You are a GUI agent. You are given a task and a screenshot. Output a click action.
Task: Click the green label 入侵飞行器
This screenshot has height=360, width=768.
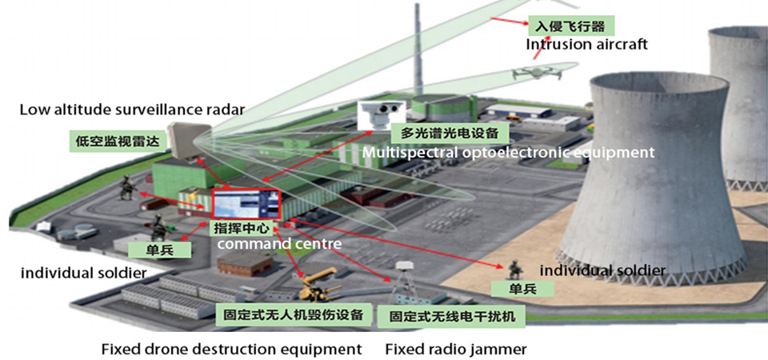(x=570, y=25)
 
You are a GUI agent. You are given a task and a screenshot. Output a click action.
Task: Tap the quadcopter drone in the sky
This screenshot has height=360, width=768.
(x=538, y=73)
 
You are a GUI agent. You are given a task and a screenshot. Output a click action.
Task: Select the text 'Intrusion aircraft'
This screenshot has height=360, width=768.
(x=586, y=45)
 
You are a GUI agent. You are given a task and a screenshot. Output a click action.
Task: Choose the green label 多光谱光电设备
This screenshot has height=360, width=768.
(x=449, y=133)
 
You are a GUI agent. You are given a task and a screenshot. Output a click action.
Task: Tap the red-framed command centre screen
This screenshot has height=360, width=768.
(x=246, y=204)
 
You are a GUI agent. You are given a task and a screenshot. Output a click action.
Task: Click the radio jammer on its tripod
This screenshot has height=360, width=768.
(x=403, y=282)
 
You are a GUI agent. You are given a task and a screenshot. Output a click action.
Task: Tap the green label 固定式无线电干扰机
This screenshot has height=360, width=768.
(x=452, y=317)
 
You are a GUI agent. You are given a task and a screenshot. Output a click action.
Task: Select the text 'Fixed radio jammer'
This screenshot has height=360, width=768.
(x=456, y=350)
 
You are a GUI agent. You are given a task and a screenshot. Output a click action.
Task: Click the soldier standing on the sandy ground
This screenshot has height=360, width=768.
(x=514, y=270)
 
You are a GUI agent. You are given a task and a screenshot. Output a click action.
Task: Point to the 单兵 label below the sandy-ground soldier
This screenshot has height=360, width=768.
(x=522, y=289)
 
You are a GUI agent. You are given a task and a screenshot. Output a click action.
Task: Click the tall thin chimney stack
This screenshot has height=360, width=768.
(x=418, y=49)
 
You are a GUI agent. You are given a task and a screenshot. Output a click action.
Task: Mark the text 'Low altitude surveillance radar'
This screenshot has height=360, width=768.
(x=132, y=110)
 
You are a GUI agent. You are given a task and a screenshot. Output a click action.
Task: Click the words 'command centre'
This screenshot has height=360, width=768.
(x=279, y=243)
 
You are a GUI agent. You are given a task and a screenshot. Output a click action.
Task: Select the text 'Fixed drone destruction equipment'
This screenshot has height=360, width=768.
(x=232, y=350)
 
